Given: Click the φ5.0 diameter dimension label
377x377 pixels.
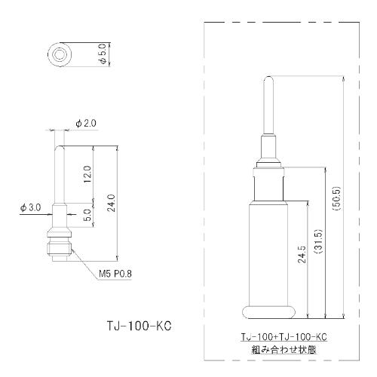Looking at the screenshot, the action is pyautogui.click(x=103, y=54).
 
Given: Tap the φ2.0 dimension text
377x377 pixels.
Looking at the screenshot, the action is pyautogui.click(x=86, y=124).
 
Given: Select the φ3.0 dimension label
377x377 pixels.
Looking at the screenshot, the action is pyautogui.click(x=31, y=208).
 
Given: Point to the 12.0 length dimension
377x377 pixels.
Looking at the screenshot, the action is pyautogui.click(x=87, y=174).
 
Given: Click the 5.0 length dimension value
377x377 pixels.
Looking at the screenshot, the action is pyautogui.click(x=87, y=215).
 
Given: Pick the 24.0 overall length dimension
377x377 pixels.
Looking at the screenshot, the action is pyautogui.click(x=111, y=203).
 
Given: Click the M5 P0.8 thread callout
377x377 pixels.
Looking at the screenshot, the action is pyautogui.click(x=115, y=274).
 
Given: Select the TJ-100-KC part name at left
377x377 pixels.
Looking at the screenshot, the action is pyautogui.click(x=139, y=326).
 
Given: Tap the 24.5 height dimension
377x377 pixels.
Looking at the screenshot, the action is pyautogui.click(x=302, y=254).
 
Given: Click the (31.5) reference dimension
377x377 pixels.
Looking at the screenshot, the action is pyautogui.click(x=318, y=241).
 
